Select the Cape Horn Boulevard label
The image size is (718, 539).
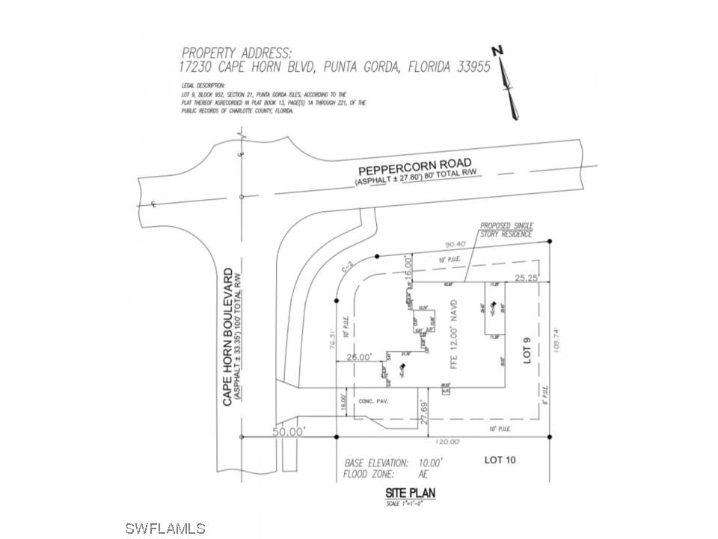230,336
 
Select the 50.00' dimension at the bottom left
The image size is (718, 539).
289,433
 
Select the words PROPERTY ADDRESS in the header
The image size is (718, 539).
236,52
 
